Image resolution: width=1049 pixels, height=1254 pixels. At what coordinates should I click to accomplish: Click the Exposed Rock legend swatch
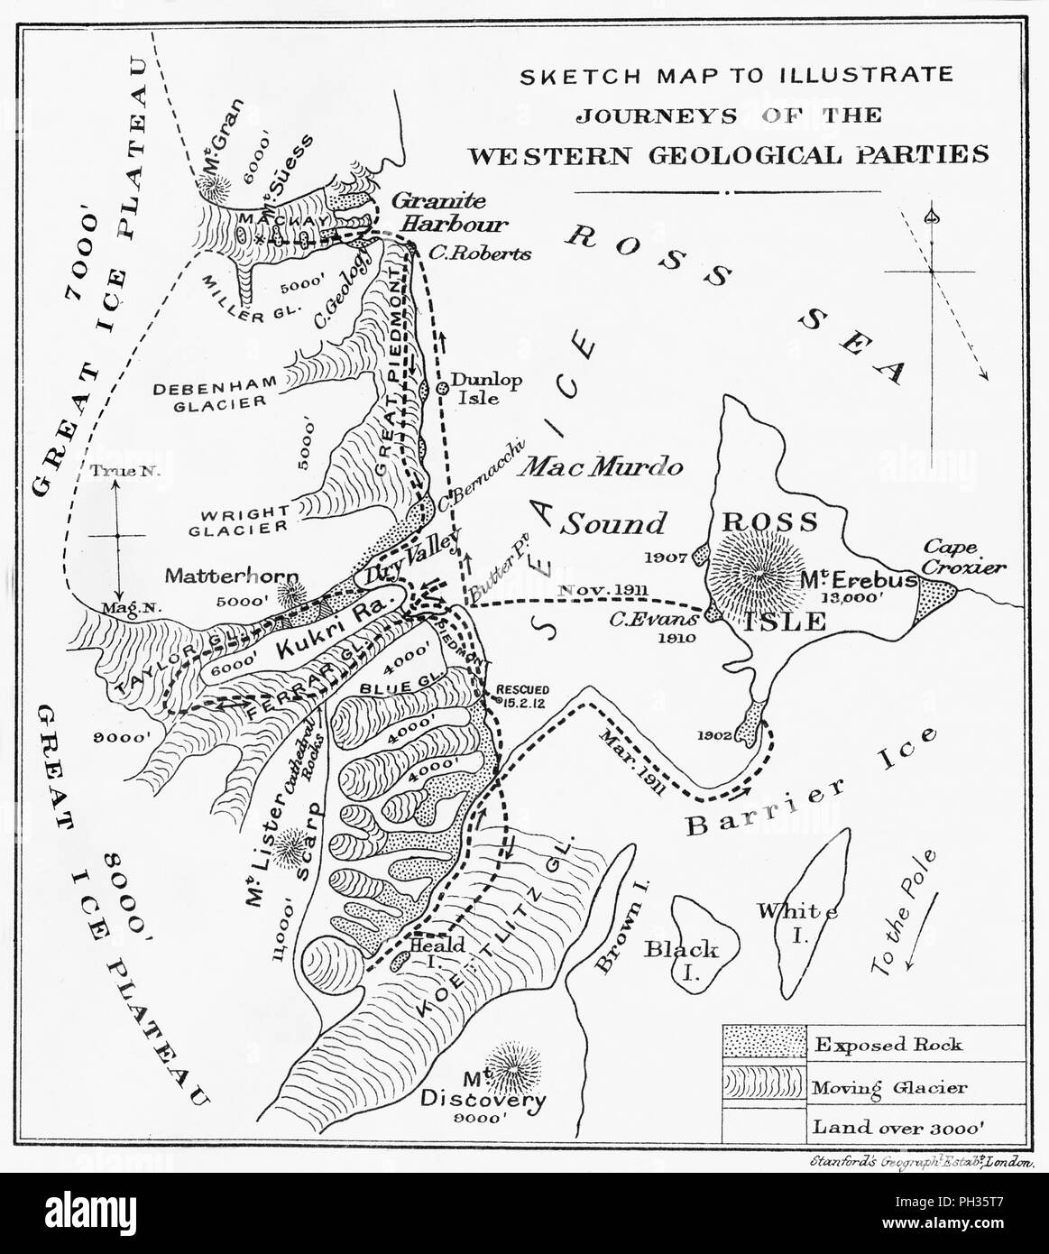[764, 1045]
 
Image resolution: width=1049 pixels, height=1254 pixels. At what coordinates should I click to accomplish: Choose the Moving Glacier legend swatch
[764, 1087]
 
